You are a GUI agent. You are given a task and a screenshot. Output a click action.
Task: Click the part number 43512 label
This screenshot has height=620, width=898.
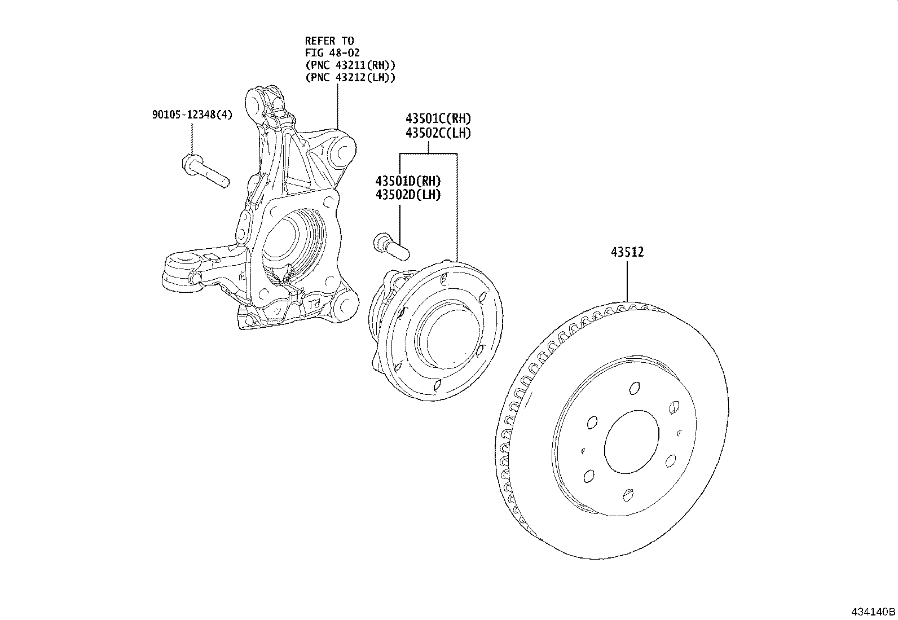pos(627,252)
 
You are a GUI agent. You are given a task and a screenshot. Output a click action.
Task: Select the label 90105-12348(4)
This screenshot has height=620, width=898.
pos(192,115)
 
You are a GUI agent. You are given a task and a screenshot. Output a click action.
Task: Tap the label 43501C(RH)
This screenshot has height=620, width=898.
pos(438,119)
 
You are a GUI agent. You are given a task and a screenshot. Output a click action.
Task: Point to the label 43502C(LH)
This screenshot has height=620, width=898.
pos(438,133)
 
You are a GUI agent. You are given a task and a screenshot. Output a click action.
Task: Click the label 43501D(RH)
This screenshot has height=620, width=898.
pos(408,181)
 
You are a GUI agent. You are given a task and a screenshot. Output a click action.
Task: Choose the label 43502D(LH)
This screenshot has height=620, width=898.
pos(408,195)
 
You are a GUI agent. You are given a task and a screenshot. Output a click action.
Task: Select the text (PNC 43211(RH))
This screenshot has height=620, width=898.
pos(350,65)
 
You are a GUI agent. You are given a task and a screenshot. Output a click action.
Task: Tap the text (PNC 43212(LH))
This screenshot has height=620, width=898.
pos(350,78)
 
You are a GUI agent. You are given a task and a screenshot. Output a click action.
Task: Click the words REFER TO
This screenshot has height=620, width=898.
pos(329,41)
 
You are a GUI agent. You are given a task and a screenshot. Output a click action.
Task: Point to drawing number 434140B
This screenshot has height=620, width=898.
pos(873,612)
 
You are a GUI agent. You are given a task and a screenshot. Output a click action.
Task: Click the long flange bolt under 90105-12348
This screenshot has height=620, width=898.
pos(205,172)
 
